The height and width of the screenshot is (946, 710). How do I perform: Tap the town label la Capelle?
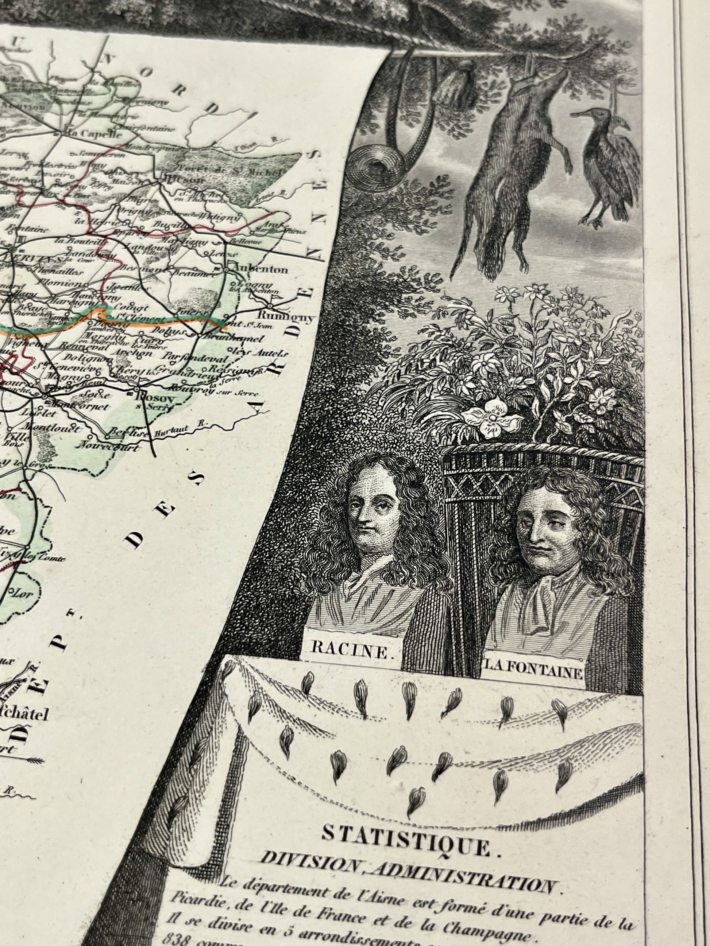[87, 133]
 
